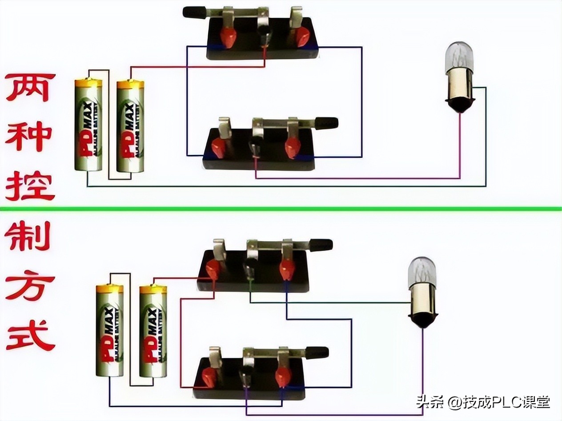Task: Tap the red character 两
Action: [30, 88]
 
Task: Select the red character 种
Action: [30, 135]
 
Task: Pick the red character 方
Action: [30, 287]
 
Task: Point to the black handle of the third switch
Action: [321, 245]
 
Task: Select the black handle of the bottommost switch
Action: [317, 352]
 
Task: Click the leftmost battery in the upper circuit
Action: [88, 125]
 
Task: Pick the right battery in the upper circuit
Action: [130, 126]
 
